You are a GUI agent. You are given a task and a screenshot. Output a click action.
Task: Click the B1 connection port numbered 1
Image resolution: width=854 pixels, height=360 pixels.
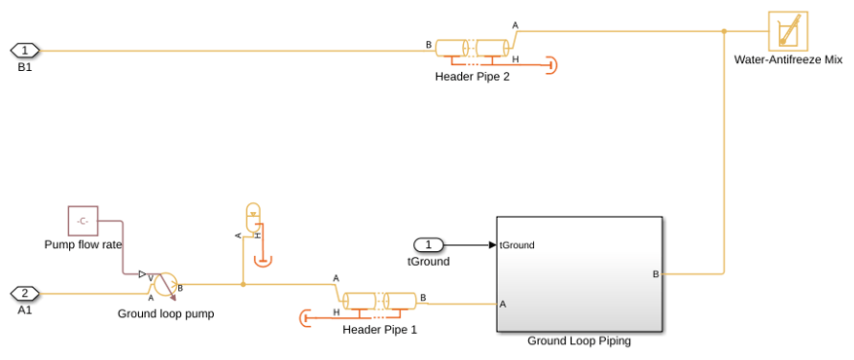(x=24, y=51)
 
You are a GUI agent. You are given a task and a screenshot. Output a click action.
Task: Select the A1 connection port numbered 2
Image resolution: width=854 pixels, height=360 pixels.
(x=24, y=294)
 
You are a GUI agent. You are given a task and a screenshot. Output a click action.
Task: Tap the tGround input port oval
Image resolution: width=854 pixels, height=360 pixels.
(x=429, y=245)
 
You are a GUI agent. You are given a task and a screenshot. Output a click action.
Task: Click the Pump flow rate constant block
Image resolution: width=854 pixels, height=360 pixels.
(x=83, y=221)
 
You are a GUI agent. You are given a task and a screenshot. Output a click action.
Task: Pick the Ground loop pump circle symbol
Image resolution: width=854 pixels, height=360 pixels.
(x=165, y=284)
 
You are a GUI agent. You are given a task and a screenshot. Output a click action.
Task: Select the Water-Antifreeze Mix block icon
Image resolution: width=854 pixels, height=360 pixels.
(x=788, y=30)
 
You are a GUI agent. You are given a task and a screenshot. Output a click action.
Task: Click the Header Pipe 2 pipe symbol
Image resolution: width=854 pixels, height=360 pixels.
(x=472, y=48)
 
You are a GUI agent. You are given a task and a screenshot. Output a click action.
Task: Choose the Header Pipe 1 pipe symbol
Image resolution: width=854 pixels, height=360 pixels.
(x=379, y=302)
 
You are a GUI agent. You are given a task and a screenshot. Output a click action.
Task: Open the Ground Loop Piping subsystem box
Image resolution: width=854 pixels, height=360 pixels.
(x=580, y=274)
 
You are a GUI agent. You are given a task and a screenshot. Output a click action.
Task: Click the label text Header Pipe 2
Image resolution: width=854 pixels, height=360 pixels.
(x=472, y=77)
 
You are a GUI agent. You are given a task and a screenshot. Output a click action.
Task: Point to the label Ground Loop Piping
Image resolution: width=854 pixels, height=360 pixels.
(x=579, y=342)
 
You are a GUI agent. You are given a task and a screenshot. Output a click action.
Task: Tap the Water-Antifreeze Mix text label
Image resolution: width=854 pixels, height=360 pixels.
(x=788, y=60)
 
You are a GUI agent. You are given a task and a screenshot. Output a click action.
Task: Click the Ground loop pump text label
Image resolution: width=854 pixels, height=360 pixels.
(x=166, y=314)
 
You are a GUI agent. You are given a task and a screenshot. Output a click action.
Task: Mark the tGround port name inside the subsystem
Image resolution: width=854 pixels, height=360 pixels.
(x=516, y=245)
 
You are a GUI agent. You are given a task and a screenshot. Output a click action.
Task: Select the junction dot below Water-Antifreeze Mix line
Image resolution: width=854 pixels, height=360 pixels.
(x=724, y=31)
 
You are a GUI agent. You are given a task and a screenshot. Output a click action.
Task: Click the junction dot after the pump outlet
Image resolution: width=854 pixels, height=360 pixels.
(x=243, y=284)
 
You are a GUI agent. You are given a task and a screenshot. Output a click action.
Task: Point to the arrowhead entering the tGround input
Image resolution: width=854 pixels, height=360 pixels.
(x=492, y=245)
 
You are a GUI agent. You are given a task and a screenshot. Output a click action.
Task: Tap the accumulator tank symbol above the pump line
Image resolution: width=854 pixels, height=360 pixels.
(x=253, y=217)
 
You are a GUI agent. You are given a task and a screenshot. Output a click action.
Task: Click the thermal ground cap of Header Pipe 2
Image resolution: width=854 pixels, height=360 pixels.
(x=552, y=65)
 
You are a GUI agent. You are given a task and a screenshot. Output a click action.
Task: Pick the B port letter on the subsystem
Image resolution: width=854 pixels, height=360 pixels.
(x=656, y=274)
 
